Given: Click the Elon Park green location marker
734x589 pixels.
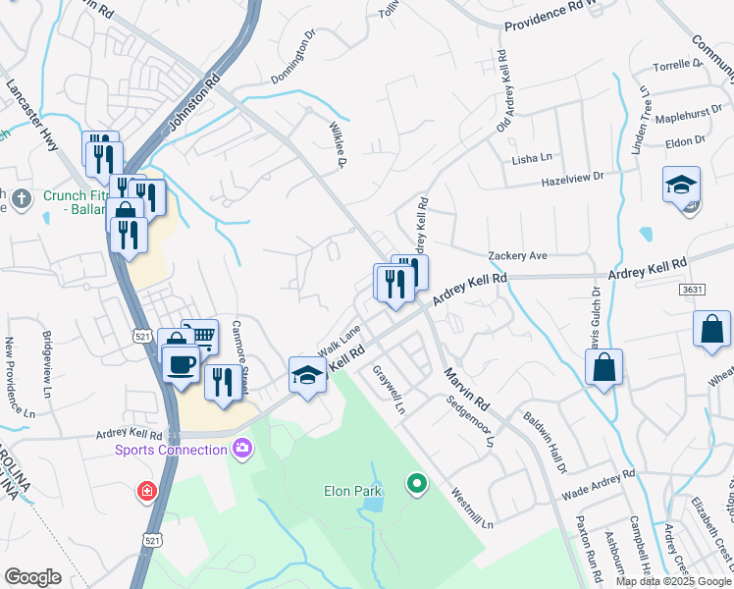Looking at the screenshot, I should (417, 483).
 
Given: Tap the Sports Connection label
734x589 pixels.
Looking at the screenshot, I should (171, 450).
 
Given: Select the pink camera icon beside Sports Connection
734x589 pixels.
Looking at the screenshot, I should (241, 450).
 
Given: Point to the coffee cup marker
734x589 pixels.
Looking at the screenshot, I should (181, 365).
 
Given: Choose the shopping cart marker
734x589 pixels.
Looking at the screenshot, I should (200, 338).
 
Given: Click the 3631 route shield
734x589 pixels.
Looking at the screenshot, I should (691, 291).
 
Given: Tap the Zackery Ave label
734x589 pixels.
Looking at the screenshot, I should (517, 255).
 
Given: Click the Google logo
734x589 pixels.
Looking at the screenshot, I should (32, 577).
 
